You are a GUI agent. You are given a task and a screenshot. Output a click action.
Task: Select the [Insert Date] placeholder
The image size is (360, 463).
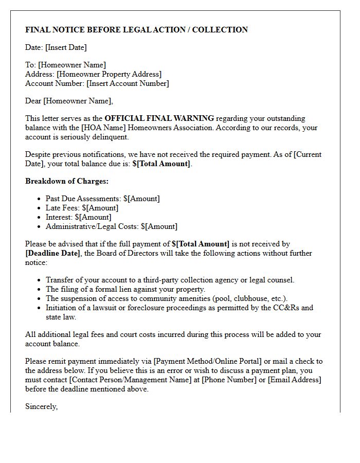[66, 47]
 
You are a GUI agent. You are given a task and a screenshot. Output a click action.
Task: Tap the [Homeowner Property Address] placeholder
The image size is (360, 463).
[109, 74]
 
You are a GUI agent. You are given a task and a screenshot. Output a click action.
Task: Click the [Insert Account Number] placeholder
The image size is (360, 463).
[128, 83]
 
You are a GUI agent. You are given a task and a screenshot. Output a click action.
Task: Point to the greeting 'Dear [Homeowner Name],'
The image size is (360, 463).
[69, 101]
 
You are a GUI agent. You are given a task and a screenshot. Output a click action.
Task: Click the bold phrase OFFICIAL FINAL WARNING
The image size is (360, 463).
[159, 118]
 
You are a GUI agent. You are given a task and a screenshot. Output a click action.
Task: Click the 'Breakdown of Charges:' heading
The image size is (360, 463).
[67, 181]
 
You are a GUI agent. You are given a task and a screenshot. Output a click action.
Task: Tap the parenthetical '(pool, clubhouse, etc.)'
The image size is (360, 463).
[243, 298]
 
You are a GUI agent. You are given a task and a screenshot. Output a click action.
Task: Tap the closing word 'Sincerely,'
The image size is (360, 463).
[42, 406]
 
